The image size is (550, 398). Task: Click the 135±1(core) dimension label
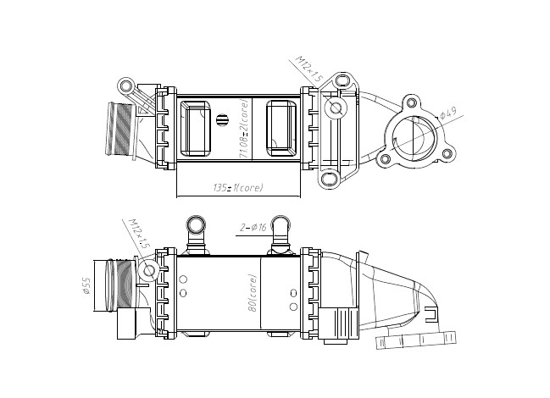pyautogui.click(x=238, y=188)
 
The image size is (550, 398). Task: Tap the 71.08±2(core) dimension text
pyautogui.click(x=244, y=128)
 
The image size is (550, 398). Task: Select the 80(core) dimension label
pyautogui.click(x=252, y=293)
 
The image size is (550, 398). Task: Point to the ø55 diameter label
pyautogui.click(x=86, y=285)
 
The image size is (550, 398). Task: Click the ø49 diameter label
pyautogui.click(x=448, y=113)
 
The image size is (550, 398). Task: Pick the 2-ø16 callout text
pyautogui.click(x=253, y=228)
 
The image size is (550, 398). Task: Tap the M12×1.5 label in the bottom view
pyautogui.click(x=139, y=234)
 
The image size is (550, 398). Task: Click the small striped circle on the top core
pyautogui.click(x=222, y=119)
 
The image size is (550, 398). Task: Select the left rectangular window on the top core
pyautogui.click(x=196, y=129)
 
